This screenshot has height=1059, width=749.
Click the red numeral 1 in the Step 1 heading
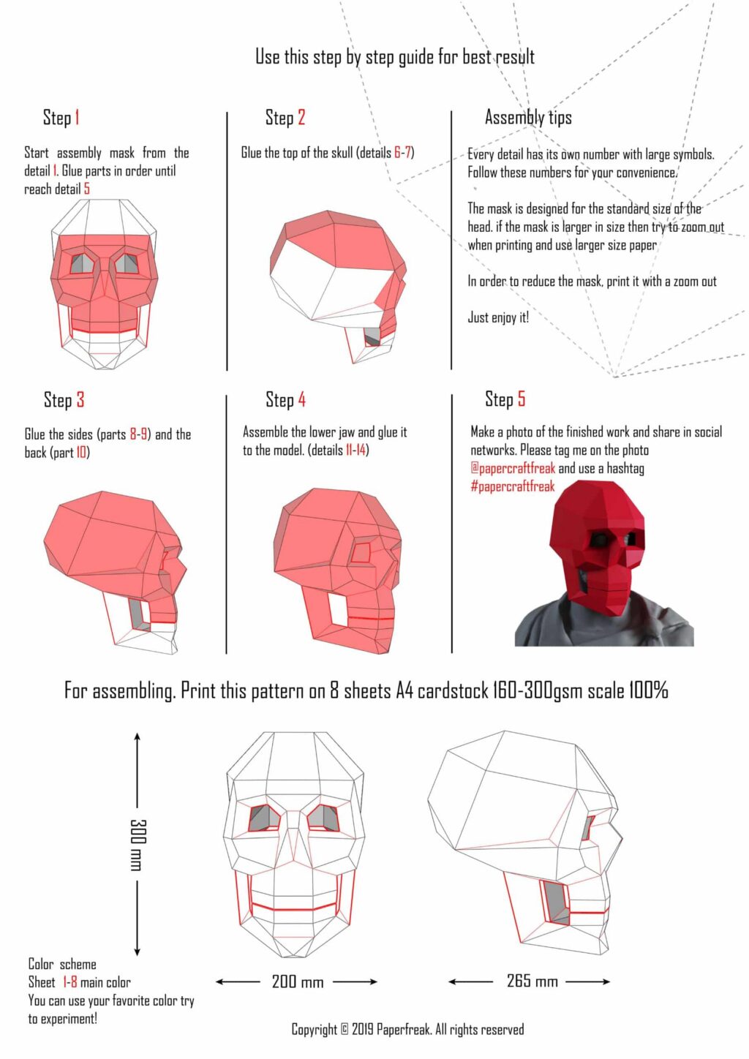click(77, 118)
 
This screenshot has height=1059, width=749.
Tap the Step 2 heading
click(285, 118)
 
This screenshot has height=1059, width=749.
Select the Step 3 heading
click(64, 400)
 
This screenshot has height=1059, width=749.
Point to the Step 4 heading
click(285, 400)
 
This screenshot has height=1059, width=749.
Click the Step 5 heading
click(505, 399)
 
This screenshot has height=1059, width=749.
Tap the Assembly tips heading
click(528, 117)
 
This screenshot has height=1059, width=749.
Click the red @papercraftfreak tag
click(513, 468)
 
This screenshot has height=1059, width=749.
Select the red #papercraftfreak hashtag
click(512, 486)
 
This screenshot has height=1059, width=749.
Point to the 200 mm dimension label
click(297, 981)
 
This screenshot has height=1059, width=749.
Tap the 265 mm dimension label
click(532, 981)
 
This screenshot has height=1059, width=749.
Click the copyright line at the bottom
click(407, 1030)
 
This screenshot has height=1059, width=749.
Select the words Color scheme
click(62, 964)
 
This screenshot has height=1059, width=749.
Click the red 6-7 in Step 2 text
click(402, 153)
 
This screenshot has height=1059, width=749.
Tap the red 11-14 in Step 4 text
click(355, 451)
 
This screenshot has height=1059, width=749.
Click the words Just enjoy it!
click(498, 317)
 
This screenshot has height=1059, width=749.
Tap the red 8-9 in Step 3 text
click(138, 434)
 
